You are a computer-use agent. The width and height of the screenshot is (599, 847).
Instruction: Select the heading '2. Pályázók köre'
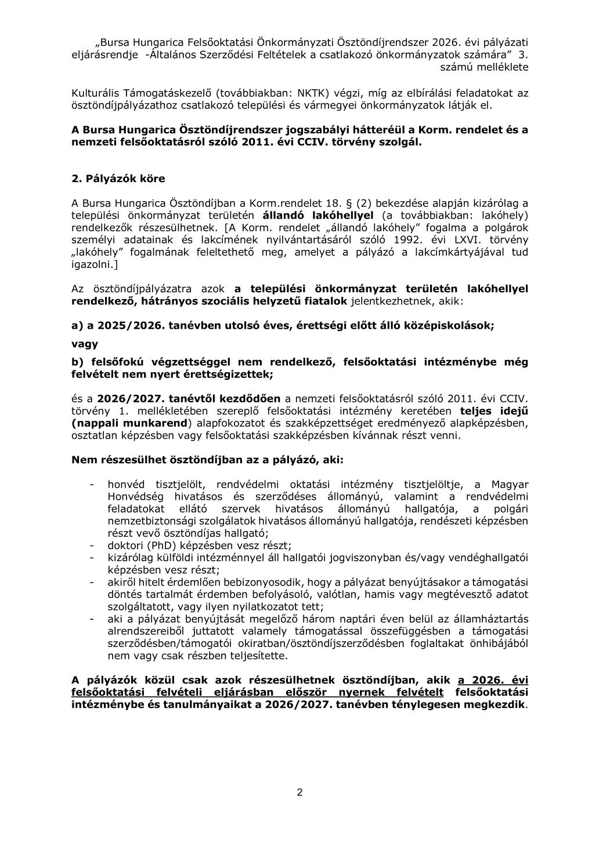pyautogui.click(x=118, y=179)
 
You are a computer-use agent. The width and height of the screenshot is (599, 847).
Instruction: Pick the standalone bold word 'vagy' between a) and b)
pyautogui.click(x=85, y=344)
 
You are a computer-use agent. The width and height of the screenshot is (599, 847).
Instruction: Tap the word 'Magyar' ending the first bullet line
pyautogui.click(x=510, y=484)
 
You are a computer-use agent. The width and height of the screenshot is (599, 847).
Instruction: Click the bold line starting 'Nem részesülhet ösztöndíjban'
pyautogui.click(x=207, y=459)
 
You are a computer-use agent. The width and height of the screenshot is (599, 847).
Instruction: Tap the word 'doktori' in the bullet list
pyautogui.click(x=125, y=545)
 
